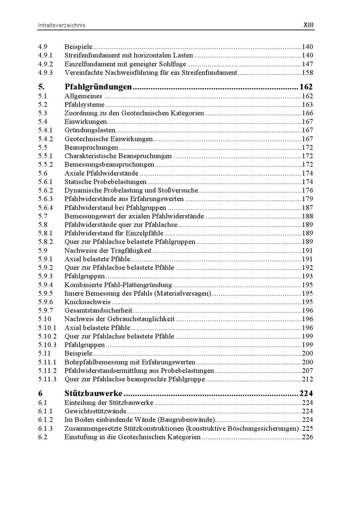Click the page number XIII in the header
(x=308, y=25)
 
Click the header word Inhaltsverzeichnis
(x=61, y=25)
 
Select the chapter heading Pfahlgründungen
(x=98, y=87)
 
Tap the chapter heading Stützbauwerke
(x=93, y=393)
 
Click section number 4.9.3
(x=45, y=72)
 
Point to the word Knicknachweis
(x=87, y=302)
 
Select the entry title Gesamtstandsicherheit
(x=98, y=310)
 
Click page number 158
(x=307, y=72)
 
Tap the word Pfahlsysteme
(x=84, y=105)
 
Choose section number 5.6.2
(x=45, y=190)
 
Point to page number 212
(x=307, y=379)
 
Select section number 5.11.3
(x=47, y=379)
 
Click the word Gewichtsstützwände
(x=96, y=411)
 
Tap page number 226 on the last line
(x=307, y=437)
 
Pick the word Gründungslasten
(x=90, y=130)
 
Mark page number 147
(x=307, y=64)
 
